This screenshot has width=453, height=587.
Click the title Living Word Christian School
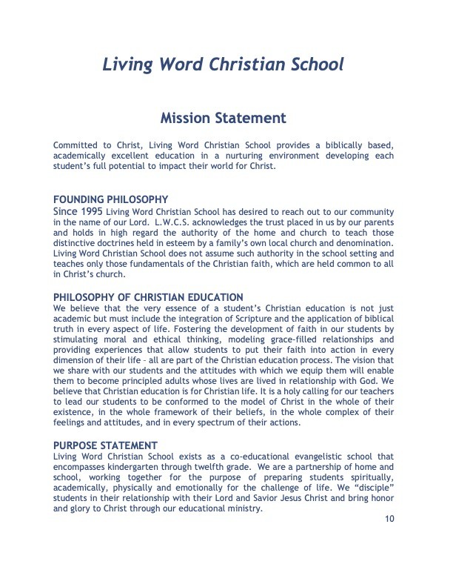pos(223,64)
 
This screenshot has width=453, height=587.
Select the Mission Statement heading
pos(223,118)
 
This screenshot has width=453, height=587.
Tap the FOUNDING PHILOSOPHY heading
pos(111,199)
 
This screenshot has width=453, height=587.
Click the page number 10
pos(389,519)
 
